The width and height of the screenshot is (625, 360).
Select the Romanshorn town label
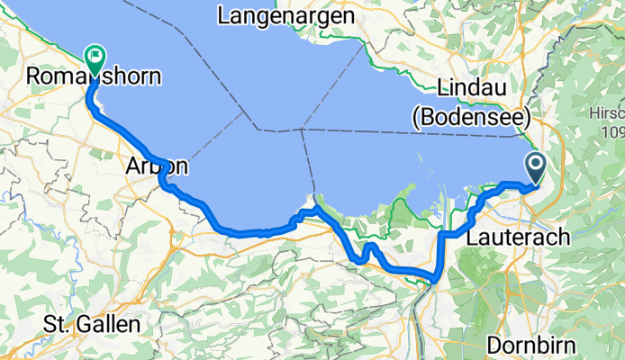pyautogui.click(x=95, y=77)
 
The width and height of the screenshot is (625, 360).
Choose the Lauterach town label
pyautogui.click(x=519, y=238)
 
